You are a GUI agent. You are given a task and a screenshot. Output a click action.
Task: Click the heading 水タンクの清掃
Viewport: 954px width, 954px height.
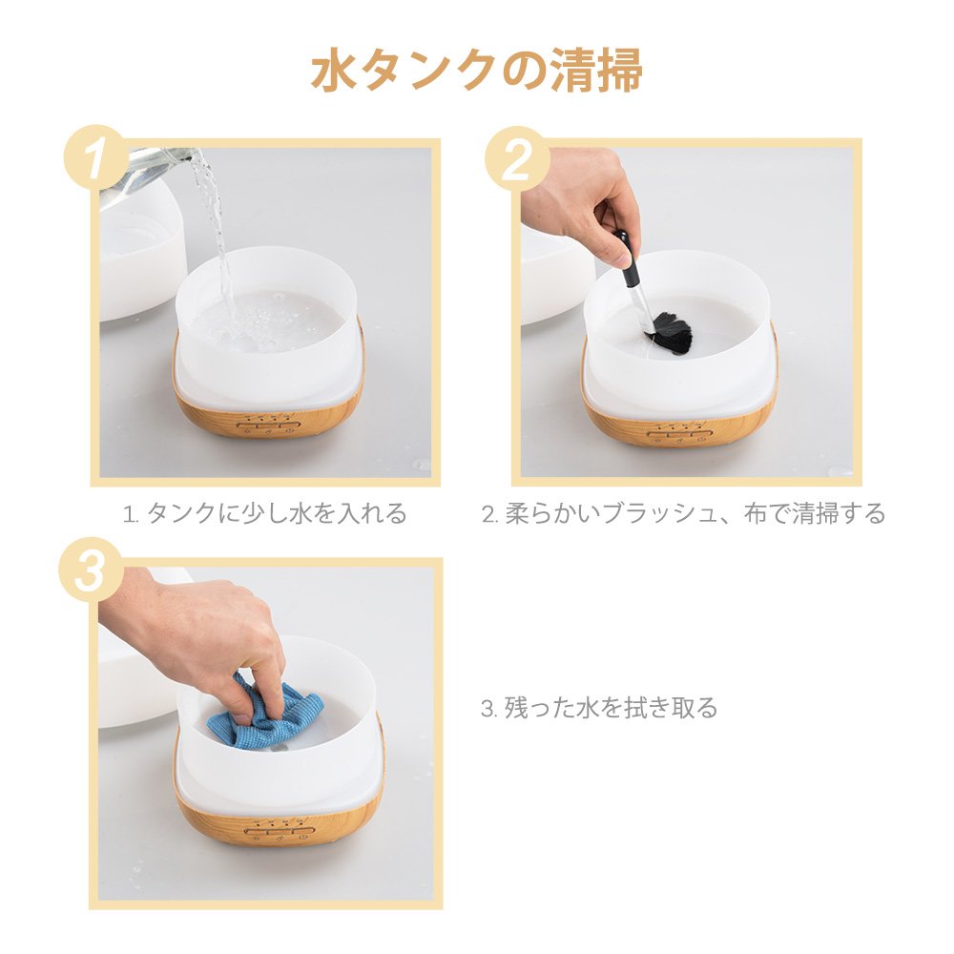(x=476, y=72)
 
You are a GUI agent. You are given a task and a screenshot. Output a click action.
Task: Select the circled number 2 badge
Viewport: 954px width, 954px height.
(x=517, y=158)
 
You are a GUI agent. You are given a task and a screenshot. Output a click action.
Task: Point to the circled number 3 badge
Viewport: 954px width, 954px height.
(x=92, y=572)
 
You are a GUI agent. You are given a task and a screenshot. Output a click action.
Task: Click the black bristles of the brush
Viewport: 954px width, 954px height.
(x=670, y=333)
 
